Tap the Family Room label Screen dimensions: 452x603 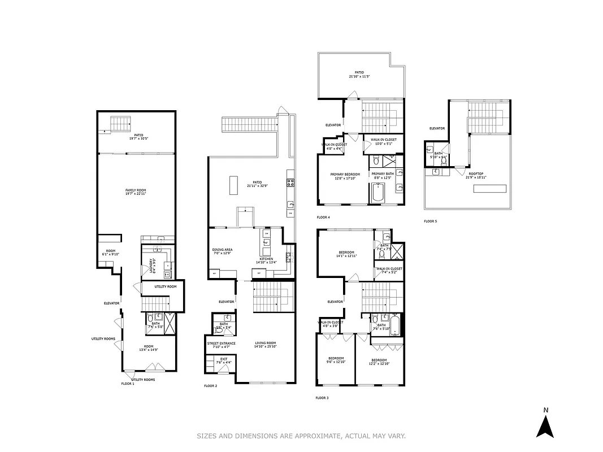(x=136, y=192)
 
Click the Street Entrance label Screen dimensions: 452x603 (x=217, y=344)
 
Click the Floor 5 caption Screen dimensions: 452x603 (x=430, y=221)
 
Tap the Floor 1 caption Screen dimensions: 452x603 (x=128, y=384)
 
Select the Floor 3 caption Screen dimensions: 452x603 (x=322, y=398)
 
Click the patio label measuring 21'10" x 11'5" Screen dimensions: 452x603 (x=359, y=74)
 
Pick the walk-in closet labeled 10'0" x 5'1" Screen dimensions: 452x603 (x=383, y=141)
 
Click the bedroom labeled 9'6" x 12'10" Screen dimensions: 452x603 (x=336, y=360)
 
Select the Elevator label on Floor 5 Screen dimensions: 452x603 (x=437, y=128)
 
